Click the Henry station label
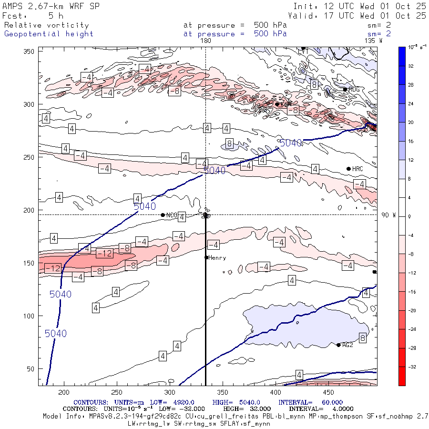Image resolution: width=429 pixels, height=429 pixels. click(217, 258)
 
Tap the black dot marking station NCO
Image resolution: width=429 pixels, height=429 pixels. click(163, 215)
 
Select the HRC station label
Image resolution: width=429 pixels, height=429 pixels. click(357, 169)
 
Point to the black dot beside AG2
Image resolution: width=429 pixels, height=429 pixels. click(338, 345)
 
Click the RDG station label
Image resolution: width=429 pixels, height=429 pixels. click(354, 89)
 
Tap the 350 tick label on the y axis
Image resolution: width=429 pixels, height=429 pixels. click(31, 51)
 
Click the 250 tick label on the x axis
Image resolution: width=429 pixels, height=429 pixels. click(117, 392)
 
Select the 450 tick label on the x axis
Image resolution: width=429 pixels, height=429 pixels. click(222, 392)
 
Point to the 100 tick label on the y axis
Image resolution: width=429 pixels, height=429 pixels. click(31, 316)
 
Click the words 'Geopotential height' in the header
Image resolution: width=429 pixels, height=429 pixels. click(49, 34)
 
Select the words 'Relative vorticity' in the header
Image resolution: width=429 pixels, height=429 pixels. click(46, 25)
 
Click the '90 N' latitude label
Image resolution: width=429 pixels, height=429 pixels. click(388, 215)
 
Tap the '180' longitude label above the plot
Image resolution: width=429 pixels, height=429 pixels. click(205, 41)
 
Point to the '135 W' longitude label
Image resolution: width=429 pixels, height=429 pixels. click(373, 41)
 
